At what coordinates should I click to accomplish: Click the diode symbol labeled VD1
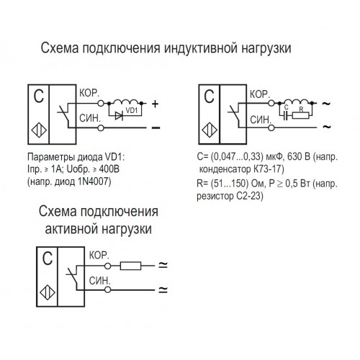(119, 116)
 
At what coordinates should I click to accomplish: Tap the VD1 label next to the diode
(132, 110)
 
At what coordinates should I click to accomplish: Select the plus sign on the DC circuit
(156, 104)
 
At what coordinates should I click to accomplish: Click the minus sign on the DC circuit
(156, 127)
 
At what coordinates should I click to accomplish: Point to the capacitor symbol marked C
(285, 116)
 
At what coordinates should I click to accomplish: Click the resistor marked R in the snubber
(300, 116)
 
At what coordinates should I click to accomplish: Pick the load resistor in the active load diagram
(130, 266)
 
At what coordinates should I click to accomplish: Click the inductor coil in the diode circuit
(126, 102)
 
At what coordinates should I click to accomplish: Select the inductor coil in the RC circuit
(297, 102)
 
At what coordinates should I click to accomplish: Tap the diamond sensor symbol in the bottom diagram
(48, 292)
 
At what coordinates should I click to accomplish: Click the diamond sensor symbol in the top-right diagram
(210, 130)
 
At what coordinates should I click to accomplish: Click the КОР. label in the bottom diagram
(99, 255)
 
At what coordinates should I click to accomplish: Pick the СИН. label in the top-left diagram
(90, 118)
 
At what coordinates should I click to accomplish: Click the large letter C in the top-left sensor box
(39, 96)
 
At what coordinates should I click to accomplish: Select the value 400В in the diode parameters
(109, 169)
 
